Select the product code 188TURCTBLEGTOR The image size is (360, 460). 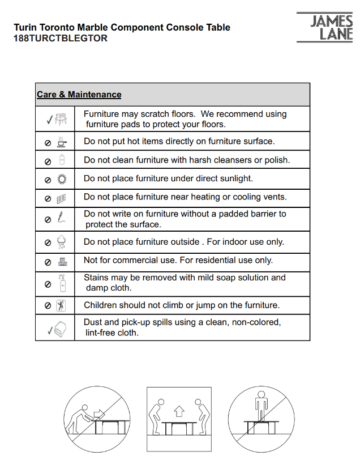(60, 39)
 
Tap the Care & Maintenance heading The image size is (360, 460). (79, 95)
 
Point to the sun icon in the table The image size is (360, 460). (62, 180)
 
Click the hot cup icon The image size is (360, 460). (62, 142)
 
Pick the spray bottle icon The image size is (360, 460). (62, 283)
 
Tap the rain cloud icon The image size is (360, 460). (62, 242)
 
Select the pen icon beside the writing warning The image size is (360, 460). (62, 218)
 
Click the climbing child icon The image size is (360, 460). (62, 305)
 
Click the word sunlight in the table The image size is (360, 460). (232, 178)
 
